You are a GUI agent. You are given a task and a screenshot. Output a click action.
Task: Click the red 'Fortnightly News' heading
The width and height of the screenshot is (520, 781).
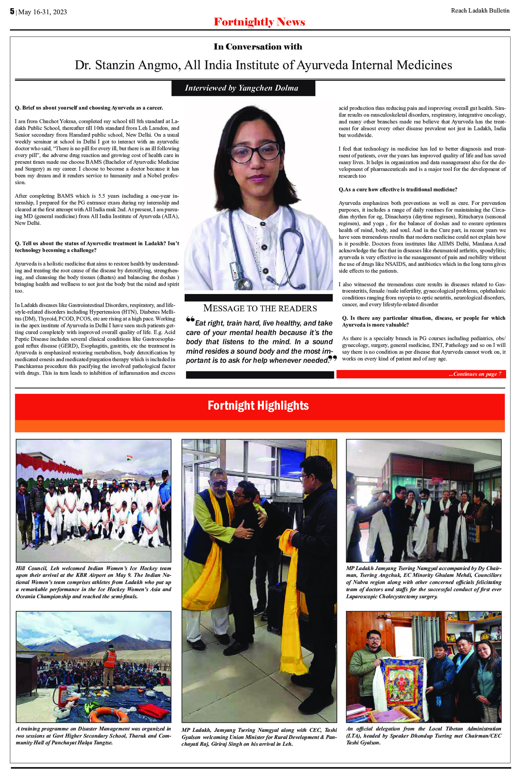(259, 22)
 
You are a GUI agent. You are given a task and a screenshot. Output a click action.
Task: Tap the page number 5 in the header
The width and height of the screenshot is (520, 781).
(12, 12)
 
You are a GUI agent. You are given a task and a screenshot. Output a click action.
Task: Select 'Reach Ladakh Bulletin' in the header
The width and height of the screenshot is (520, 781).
(480, 11)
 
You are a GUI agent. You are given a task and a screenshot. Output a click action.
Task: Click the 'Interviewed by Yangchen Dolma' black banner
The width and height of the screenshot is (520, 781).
(242, 88)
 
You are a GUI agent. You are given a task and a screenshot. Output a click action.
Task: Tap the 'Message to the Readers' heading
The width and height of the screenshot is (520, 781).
(260, 308)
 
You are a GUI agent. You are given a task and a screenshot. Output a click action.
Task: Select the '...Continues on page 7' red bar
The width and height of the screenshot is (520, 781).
(421, 374)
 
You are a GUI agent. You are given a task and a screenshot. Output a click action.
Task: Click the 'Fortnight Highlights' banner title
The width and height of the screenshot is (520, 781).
(258, 406)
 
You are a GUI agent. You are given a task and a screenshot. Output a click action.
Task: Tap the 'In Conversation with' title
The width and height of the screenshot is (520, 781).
(258, 47)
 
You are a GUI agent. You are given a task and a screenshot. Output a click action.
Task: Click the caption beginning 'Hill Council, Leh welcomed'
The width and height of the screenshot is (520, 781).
(93, 582)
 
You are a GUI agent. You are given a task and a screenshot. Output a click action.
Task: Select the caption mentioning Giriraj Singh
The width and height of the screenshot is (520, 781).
(259, 737)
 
